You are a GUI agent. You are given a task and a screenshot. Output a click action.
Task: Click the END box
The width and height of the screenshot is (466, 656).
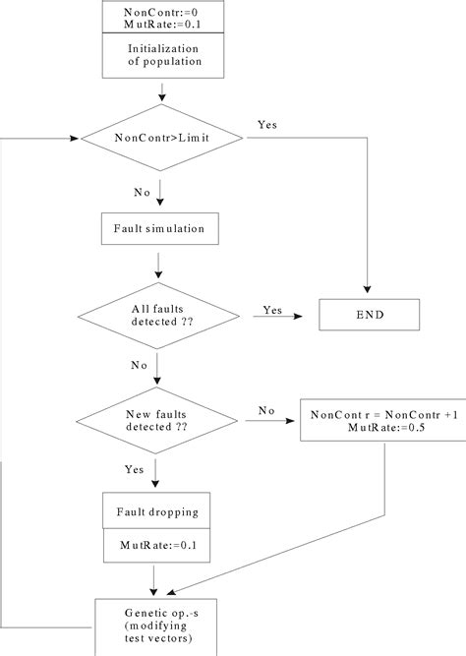pyautogui.click(x=369, y=316)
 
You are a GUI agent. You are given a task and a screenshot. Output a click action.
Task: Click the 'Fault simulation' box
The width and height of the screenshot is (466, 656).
pyautogui.click(x=158, y=228)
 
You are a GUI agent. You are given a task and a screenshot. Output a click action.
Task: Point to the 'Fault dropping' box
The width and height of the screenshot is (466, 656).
pyautogui.click(x=157, y=510)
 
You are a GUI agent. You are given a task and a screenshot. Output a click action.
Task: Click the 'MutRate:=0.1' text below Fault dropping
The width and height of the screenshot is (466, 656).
pyautogui.click(x=157, y=544)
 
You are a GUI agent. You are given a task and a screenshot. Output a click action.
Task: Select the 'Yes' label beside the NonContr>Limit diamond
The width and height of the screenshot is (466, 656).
pyautogui.click(x=266, y=125)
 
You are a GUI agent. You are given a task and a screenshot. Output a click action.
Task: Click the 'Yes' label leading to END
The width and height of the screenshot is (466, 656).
pyautogui.click(x=272, y=310)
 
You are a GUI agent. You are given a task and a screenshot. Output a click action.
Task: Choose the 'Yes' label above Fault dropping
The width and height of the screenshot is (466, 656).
pyautogui.click(x=137, y=469)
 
